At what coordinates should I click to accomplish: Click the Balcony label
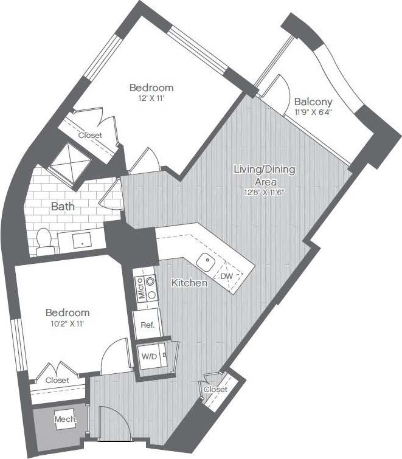(313, 102)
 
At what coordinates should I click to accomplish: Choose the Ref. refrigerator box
(147, 325)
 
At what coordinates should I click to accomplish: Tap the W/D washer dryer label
(148, 356)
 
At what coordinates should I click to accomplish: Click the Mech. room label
(65, 419)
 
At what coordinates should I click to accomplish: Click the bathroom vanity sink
(82, 241)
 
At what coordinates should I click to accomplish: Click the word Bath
(62, 207)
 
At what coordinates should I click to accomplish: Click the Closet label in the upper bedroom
(90, 135)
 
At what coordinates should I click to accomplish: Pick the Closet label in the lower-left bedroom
(57, 380)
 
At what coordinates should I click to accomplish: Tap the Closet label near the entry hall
(215, 389)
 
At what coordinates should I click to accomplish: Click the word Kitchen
(189, 283)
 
